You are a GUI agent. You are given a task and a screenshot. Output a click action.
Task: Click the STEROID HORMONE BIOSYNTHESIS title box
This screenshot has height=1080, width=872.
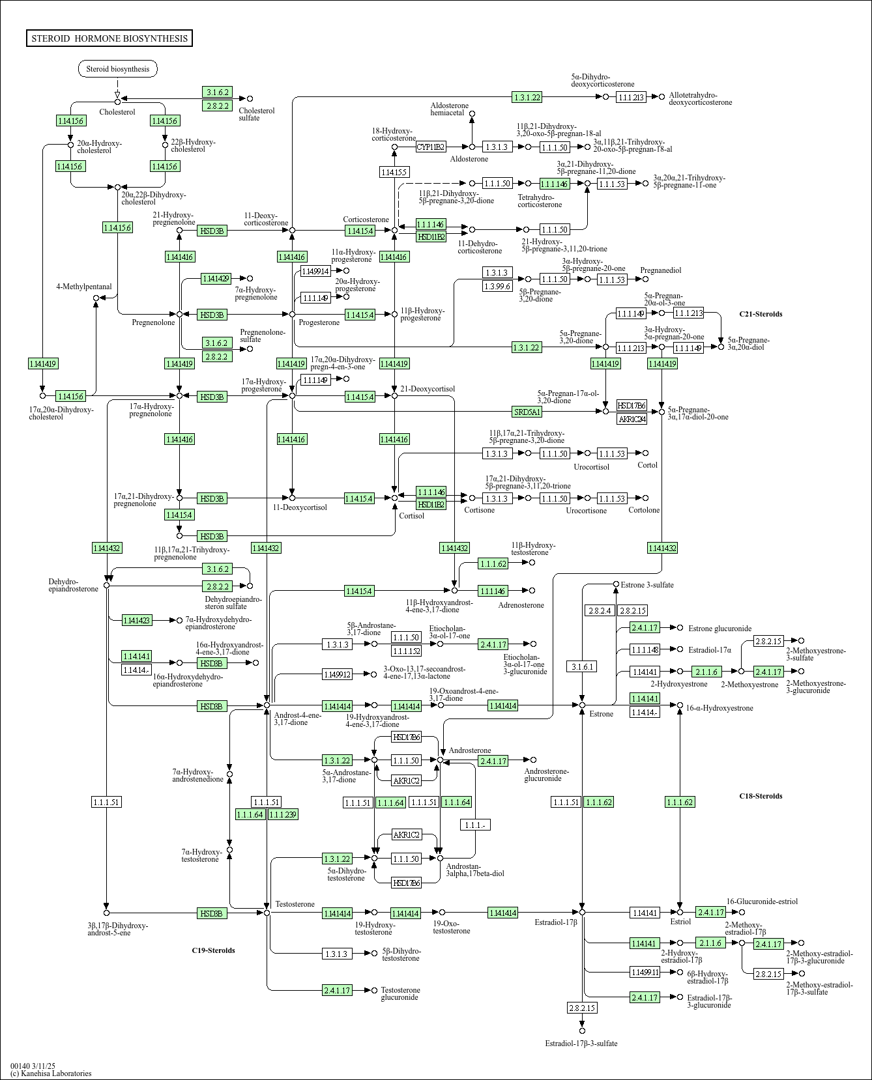pos(109,38)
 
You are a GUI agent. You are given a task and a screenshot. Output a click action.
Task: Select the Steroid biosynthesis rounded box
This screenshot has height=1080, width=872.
pos(118,69)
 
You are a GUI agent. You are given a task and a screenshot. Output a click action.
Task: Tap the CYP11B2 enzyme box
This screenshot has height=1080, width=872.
pos(431,147)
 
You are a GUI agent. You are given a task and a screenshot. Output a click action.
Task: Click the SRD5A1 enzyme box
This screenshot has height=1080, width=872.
pos(527,412)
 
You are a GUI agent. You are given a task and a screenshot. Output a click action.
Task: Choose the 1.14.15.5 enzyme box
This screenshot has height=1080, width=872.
pos(394,172)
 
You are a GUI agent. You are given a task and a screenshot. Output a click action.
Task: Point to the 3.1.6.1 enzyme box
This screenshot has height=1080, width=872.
pos(582,666)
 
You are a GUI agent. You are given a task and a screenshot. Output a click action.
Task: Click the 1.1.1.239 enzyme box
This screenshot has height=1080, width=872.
pos(283,814)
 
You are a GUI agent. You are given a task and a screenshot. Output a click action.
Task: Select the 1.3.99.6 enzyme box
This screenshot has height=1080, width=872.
pos(497,286)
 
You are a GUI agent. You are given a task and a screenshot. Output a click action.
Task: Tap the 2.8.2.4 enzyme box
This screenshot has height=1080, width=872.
pos(600,610)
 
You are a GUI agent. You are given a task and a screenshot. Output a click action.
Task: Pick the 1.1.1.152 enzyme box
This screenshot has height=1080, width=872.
pos(406,651)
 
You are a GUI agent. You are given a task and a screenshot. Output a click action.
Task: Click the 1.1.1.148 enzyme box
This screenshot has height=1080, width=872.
pos(645,649)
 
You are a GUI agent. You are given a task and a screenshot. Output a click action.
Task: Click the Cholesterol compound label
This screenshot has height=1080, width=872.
pos(117,112)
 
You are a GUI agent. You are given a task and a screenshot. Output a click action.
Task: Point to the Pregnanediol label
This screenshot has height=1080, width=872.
pos(661,270)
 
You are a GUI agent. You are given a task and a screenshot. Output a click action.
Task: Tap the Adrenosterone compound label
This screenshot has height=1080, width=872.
pos(521,605)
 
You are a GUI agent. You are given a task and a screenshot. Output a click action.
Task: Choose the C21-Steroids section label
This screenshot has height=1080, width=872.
pos(761,314)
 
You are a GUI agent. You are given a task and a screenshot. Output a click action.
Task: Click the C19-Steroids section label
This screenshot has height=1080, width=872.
pos(213,950)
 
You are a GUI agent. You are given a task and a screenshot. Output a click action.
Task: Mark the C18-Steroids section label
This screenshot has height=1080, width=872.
pos(761,796)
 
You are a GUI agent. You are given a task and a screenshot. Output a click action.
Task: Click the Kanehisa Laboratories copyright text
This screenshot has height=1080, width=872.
pos(51,1073)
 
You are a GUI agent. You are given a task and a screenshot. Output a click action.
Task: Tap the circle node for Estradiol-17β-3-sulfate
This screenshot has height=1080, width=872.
pos(582,1030)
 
